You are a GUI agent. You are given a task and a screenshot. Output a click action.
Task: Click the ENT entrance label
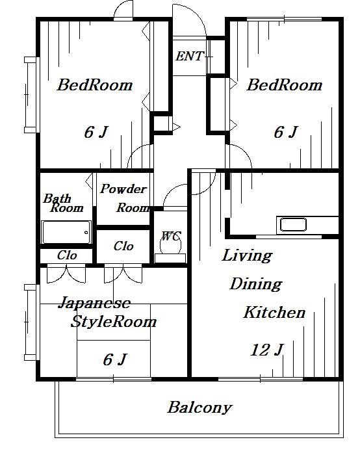click(x=190, y=56)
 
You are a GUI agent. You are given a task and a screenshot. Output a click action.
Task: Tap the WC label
click(x=171, y=236)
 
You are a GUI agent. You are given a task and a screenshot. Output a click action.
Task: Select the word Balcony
click(x=200, y=408)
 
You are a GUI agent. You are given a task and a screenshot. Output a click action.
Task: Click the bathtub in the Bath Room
click(x=66, y=232)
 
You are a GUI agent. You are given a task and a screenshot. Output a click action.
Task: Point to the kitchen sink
click(x=293, y=225)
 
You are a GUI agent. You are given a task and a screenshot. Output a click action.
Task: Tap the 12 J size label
click(x=266, y=350)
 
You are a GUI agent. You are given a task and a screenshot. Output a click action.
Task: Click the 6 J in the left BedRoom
click(x=96, y=133)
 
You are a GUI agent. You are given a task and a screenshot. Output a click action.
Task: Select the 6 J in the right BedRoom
click(x=286, y=133)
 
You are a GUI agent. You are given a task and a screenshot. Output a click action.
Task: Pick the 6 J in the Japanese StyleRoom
click(x=115, y=359)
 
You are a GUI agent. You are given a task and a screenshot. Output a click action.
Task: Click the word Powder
click(x=123, y=189)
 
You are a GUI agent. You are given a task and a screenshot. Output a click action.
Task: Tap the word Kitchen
click(x=274, y=313)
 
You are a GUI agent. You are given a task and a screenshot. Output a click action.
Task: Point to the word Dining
click(x=256, y=285)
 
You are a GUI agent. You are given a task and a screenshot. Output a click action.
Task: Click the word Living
click(x=247, y=256)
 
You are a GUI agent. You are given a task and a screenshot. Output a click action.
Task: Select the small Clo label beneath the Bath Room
click(x=67, y=255)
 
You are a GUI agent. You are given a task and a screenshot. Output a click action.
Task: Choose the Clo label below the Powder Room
click(x=123, y=246)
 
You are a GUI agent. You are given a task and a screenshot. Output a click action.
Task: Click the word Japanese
click(x=94, y=303)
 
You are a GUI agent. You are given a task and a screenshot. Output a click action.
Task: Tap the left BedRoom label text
click(x=95, y=85)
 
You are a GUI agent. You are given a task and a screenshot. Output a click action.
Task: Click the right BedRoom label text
click(x=285, y=85)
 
